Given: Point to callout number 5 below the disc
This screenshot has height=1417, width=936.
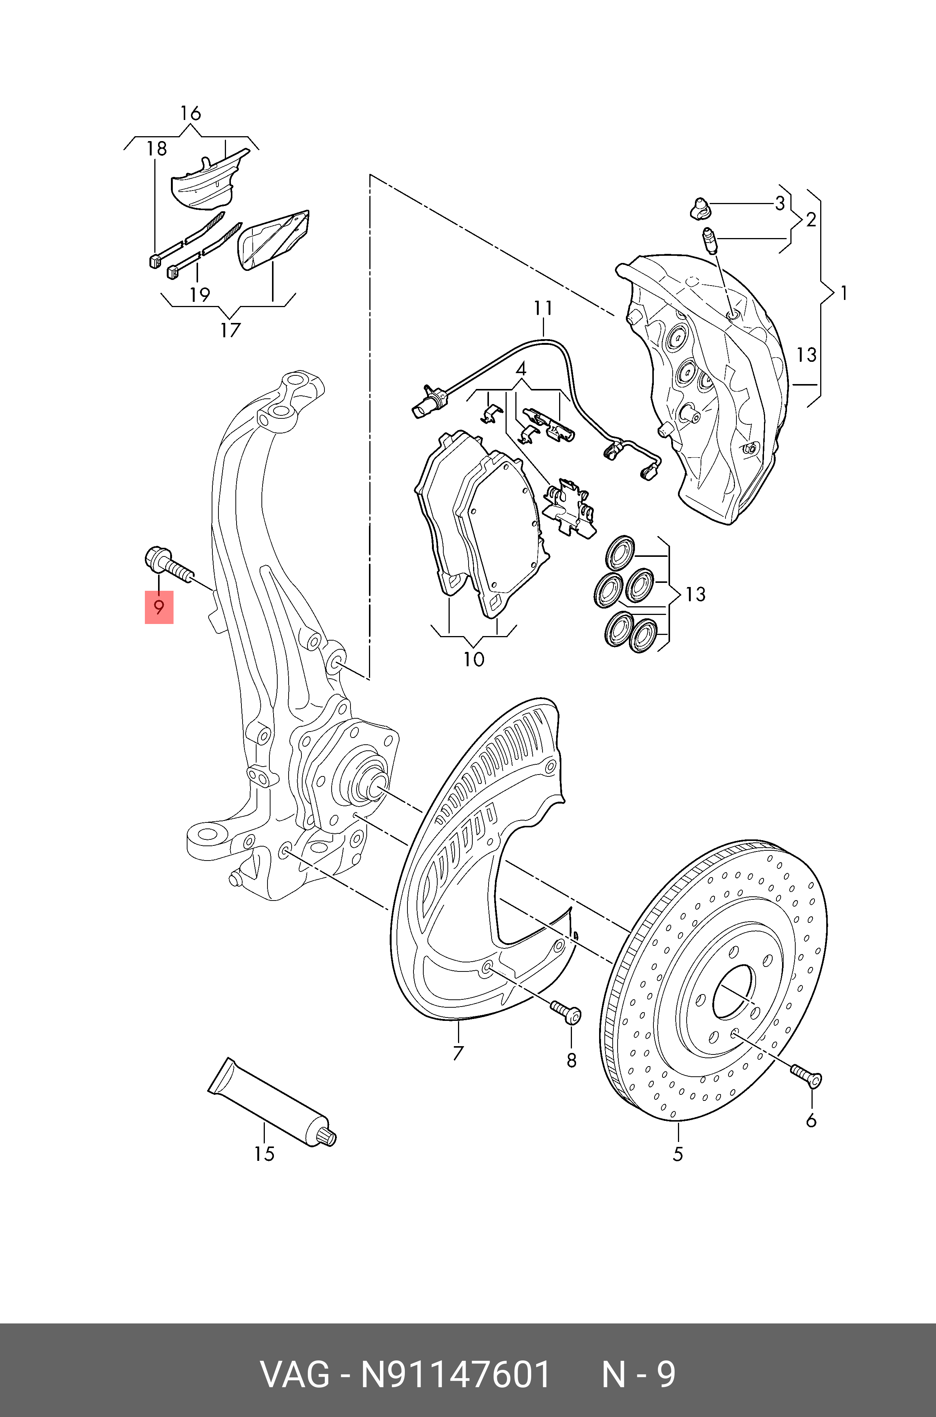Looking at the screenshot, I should point(678,1154).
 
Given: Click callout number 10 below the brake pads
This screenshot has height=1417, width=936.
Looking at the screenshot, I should point(473,659).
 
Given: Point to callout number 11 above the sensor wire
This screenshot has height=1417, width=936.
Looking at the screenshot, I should point(543,309).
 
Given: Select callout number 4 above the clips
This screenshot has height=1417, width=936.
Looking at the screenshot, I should point(521,369).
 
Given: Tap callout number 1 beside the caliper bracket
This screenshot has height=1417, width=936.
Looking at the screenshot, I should point(844,293).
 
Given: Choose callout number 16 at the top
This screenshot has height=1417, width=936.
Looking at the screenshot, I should point(191,113).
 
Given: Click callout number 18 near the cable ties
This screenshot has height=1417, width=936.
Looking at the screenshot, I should point(157,149).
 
